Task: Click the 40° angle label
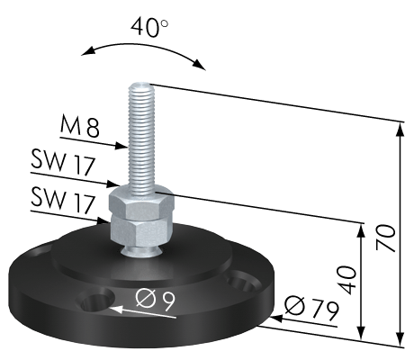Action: (x=149, y=28)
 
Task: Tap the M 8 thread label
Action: (x=79, y=127)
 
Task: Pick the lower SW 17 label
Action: (x=63, y=201)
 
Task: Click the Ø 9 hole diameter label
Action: (x=155, y=301)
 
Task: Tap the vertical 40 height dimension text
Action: (x=348, y=280)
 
